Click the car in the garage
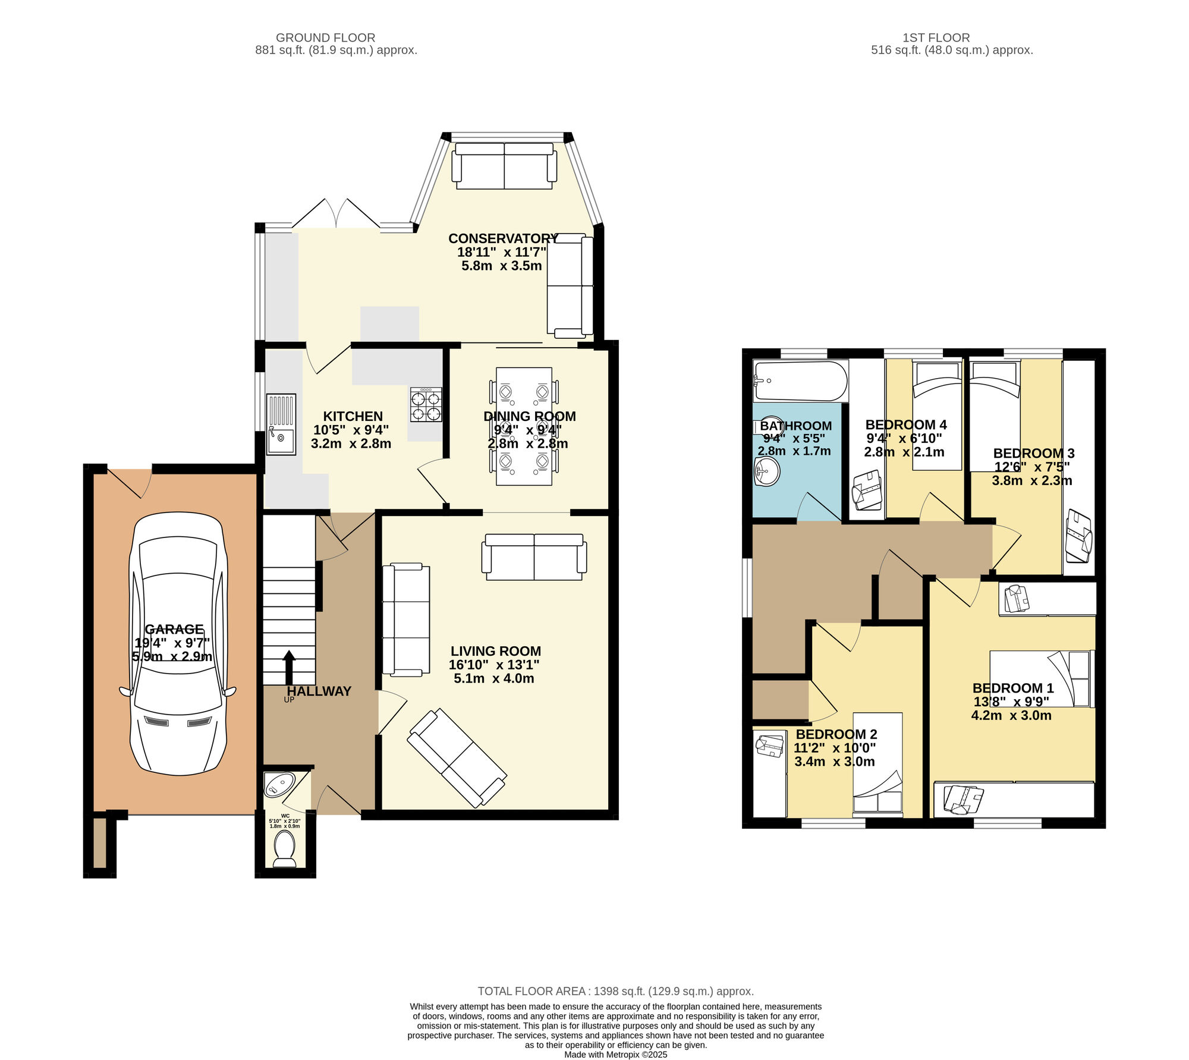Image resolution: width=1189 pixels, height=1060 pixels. tap(178, 643)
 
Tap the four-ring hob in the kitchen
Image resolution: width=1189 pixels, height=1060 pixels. tap(426, 405)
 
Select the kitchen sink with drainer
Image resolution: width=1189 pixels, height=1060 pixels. tap(281, 424)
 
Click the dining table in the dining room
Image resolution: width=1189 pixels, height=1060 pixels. tap(524, 426)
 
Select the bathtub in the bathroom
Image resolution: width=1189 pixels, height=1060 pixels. tap(800, 381)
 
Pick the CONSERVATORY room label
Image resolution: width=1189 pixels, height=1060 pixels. tap(503, 238)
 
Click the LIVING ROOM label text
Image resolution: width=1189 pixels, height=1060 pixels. tap(496, 651)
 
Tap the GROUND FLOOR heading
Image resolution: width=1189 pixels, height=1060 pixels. tap(325, 37)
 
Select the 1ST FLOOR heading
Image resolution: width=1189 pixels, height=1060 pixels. tap(936, 37)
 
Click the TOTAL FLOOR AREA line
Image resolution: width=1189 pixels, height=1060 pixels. tap(616, 991)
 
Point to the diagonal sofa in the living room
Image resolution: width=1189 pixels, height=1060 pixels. tap(457, 758)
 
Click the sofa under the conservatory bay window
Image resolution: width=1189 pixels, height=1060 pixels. tap(504, 166)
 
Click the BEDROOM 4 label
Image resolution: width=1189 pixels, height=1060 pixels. tap(906, 424)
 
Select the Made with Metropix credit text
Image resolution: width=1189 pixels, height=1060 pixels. tap(616, 1055)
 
